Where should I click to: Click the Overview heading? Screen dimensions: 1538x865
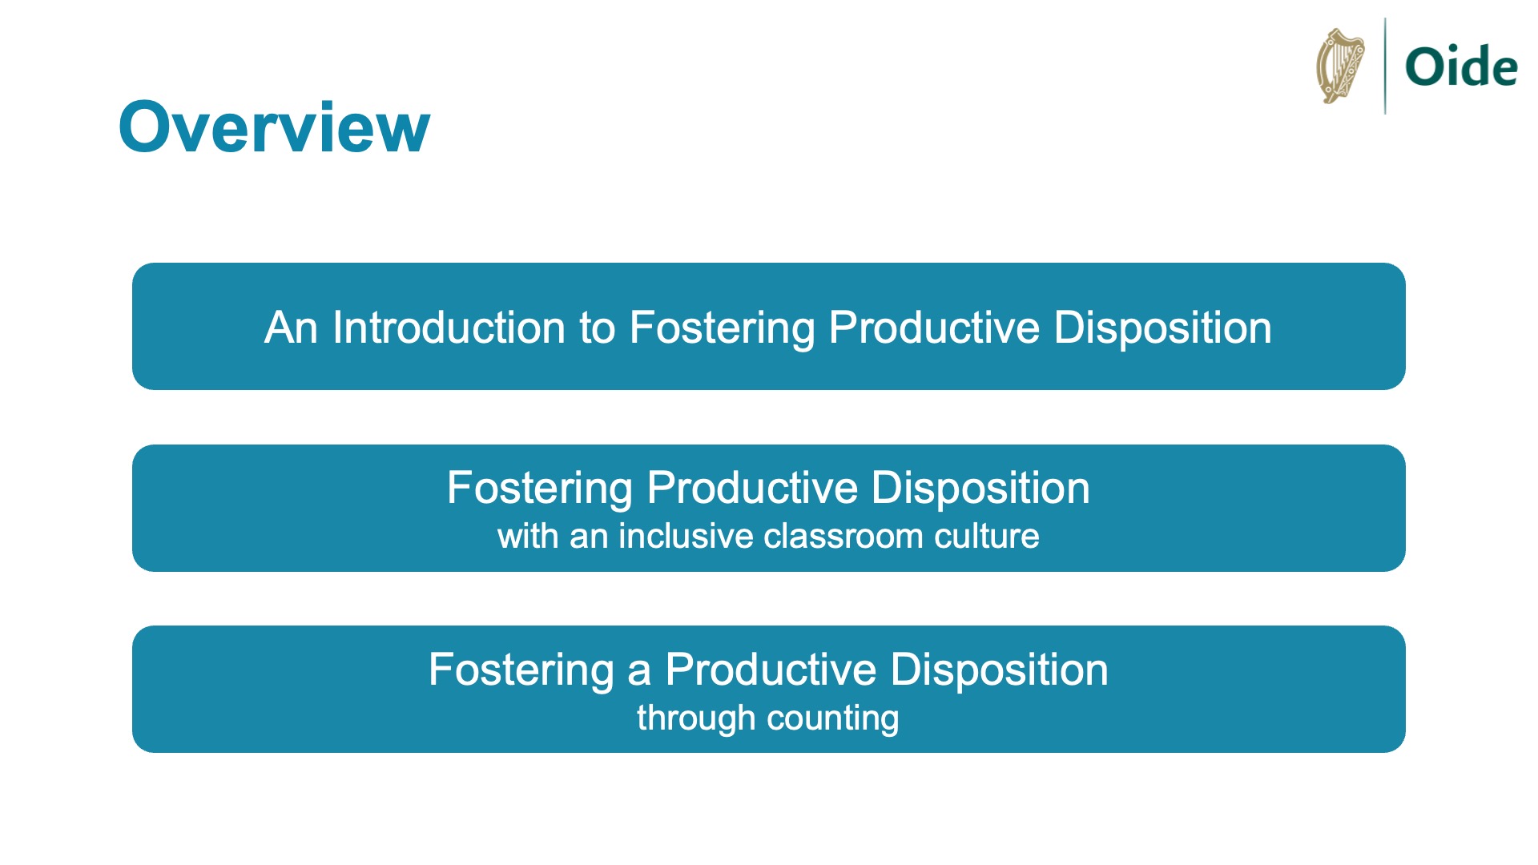click(274, 127)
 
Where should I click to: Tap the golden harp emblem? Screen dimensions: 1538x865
click(1340, 66)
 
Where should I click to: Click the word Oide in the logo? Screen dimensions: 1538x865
click(1461, 66)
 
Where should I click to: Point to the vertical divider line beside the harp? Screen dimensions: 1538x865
click(1385, 66)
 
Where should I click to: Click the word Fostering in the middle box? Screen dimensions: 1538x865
click(540, 489)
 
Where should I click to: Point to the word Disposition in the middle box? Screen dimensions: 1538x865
click(980, 489)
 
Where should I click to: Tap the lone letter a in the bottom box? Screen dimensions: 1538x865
click(639, 670)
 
